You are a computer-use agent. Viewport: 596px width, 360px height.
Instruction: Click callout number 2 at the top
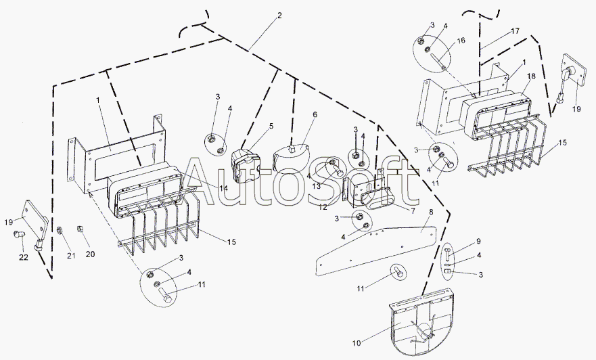pyautogui.click(x=279, y=14)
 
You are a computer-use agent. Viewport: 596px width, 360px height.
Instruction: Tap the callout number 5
pyautogui.click(x=271, y=126)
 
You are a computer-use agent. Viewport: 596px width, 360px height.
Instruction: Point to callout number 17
pyautogui.click(x=515, y=30)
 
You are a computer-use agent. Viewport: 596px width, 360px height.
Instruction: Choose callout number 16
pyautogui.click(x=461, y=41)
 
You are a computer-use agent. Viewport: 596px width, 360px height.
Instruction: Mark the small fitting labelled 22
pyautogui.click(x=18, y=235)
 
